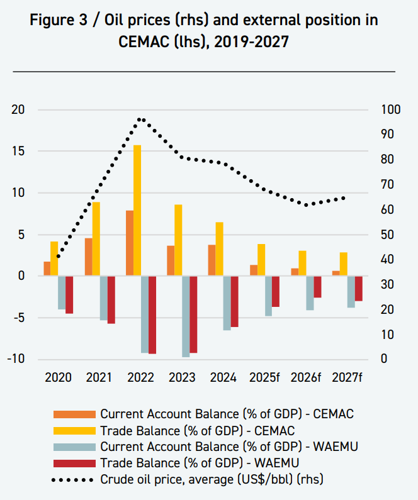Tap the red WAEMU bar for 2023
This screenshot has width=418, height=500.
tap(193, 314)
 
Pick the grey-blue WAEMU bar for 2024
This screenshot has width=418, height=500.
tap(227, 303)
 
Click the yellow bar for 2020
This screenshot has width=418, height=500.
tap(54, 258)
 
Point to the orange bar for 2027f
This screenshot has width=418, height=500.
tap(336, 273)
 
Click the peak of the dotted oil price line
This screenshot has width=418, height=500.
tap(141, 119)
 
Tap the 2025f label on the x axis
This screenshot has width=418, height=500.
tap(264, 377)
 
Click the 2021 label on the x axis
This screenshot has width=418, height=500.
tap(99, 377)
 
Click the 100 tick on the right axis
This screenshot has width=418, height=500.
tap(390, 109)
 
